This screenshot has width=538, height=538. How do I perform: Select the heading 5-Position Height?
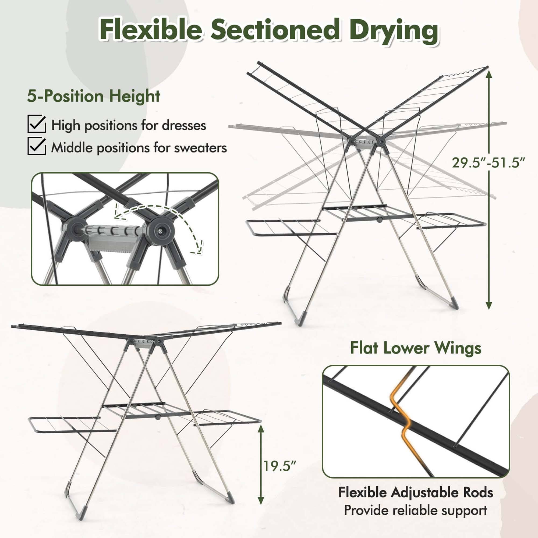[x=93, y=96]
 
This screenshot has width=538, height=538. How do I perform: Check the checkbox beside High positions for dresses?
[x=36, y=124]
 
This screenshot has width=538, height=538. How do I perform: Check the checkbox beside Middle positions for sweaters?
[x=36, y=147]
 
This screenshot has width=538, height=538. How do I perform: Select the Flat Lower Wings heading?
[x=416, y=348]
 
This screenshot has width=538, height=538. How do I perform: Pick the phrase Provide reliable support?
[x=416, y=510]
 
